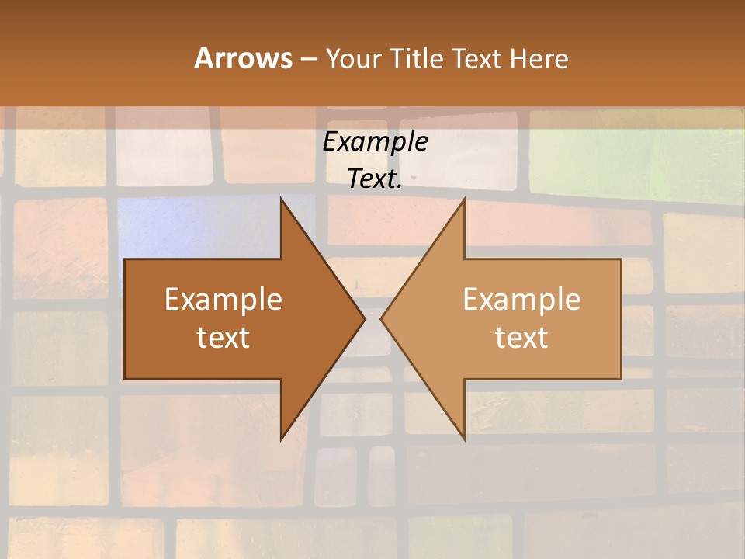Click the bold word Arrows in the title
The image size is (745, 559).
pyautogui.click(x=243, y=58)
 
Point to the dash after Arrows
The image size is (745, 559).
pyautogui.click(x=308, y=59)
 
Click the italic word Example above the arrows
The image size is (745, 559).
pyautogui.click(x=376, y=142)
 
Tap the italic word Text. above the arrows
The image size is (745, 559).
pyautogui.click(x=376, y=179)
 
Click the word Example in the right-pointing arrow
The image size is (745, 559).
pyautogui.click(x=223, y=300)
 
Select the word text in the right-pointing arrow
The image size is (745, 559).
pyautogui.click(x=223, y=338)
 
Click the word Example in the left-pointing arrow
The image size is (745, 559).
pyautogui.click(x=521, y=300)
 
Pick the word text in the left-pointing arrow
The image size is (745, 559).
pyautogui.click(x=521, y=338)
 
